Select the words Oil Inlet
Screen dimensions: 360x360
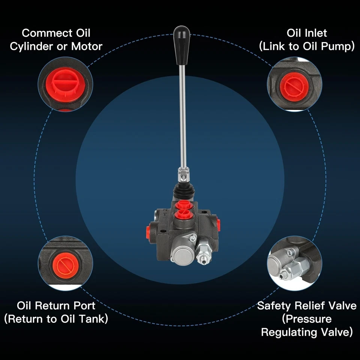click(307, 33)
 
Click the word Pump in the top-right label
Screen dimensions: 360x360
click(339, 46)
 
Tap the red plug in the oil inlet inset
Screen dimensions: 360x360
click(294, 86)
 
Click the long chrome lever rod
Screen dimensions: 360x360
click(183, 112)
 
